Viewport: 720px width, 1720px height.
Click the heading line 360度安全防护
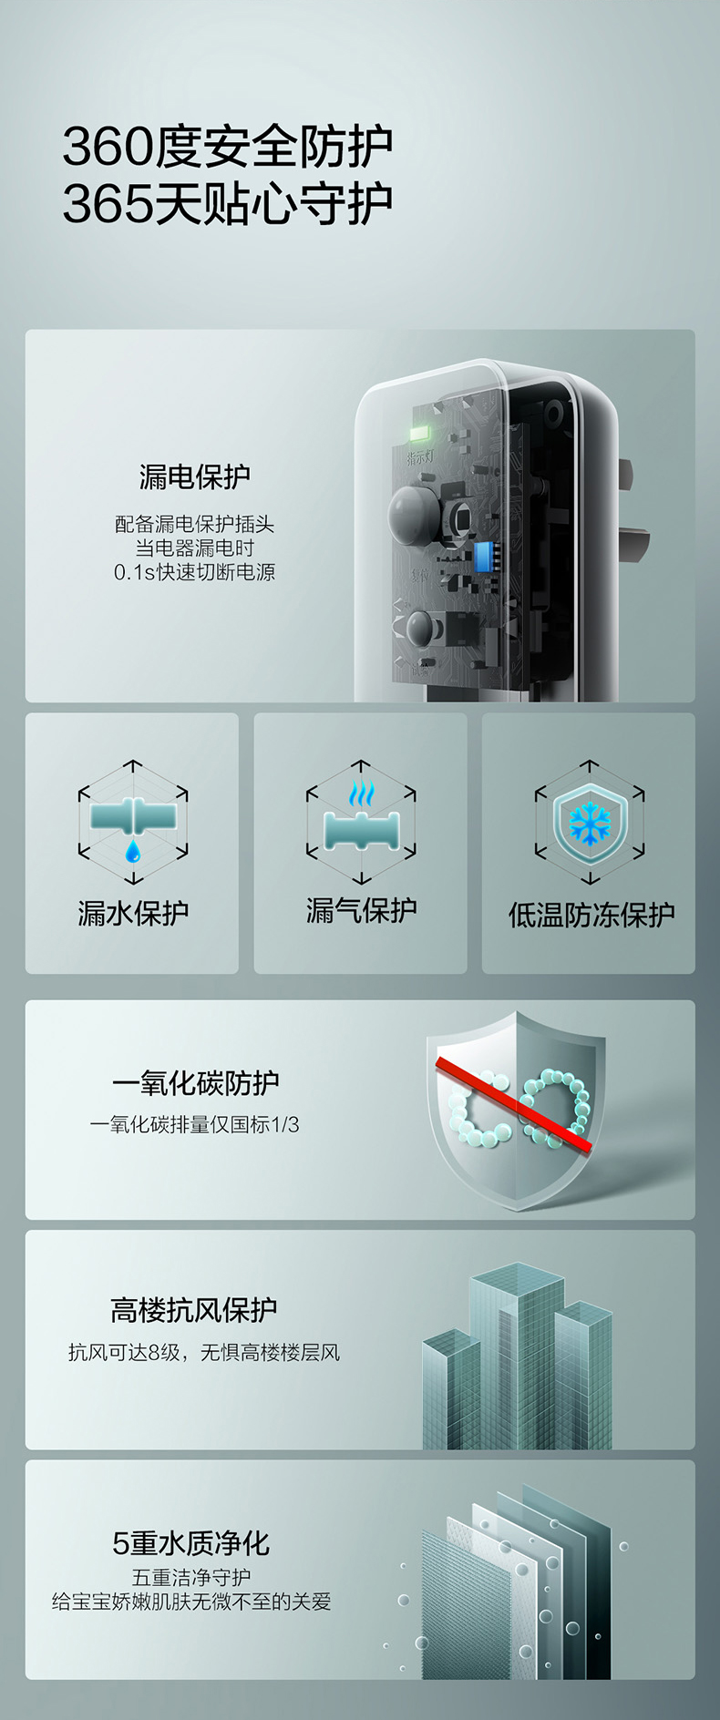(x=228, y=147)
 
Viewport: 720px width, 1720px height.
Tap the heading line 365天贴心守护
(x=228, y=203)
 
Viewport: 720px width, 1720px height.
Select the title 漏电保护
(x=194, y=476)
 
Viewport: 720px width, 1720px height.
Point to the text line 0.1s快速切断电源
(x=194, y=572)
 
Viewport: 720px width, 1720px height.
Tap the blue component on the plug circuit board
(x=483, y=556)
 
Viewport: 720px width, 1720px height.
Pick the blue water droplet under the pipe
(x=133, y=851)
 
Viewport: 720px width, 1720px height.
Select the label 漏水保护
(x=133, y=913)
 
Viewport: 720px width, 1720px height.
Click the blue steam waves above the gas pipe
(x=361, y=794)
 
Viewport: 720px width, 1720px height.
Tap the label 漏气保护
(x=361, y=910)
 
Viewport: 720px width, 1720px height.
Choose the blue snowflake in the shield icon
(x=590, y=824)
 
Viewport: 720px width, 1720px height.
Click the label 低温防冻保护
(x=591, y=915)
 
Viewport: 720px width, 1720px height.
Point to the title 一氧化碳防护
(x=195, y=1082)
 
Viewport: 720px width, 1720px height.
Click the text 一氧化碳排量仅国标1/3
(x=194, y=1125)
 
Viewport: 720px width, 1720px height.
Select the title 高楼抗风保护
(x=194, y=1310)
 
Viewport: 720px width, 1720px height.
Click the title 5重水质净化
(x=190, y=1543)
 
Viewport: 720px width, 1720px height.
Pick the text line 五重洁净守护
(x=191, y=1577)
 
